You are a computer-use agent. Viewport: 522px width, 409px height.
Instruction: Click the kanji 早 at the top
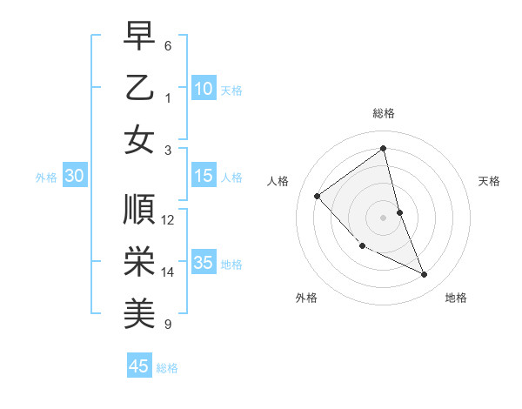pyautogui.click(x=139, y=37)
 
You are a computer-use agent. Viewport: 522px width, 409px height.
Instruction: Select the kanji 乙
pyautogui.click(x=139, y=88)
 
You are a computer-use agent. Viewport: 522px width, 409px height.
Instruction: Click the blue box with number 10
pyautogui.click(x=204, y=88)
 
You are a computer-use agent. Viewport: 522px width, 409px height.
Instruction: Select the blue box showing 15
pyautogui.click(x=204, y=176)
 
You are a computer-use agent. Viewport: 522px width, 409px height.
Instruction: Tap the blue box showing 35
pyautogui.click(x=204, y=263)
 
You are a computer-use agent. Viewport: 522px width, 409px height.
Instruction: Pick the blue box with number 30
pyautogui.click(x=74, y=176)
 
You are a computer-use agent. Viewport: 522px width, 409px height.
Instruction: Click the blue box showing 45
pyautogui.click(x=139, y=366)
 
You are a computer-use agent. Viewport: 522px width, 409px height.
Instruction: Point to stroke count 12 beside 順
pyautogui.click(x=168, y=220)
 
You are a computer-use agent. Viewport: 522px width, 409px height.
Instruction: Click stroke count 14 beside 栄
pyautogui.click(x=168, y=272)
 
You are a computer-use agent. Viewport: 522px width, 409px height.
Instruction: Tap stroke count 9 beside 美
pyautogui.click(x=168, y=324)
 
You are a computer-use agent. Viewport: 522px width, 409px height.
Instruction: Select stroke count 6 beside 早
pyautogui.click(x=168, y=46)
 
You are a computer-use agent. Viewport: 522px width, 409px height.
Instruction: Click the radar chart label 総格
pyautogui.click(x=384, y=113)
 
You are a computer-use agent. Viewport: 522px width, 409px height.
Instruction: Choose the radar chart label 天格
pyautogui.click(x=489, y=181)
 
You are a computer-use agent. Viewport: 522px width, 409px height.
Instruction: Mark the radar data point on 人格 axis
pyautogui.click(x=318, y=196)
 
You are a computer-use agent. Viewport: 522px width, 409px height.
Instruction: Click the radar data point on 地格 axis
pyautogui.click(x=425, y=275)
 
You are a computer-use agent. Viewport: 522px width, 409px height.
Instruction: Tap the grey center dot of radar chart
pyautogui.click(x=384, y=218)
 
